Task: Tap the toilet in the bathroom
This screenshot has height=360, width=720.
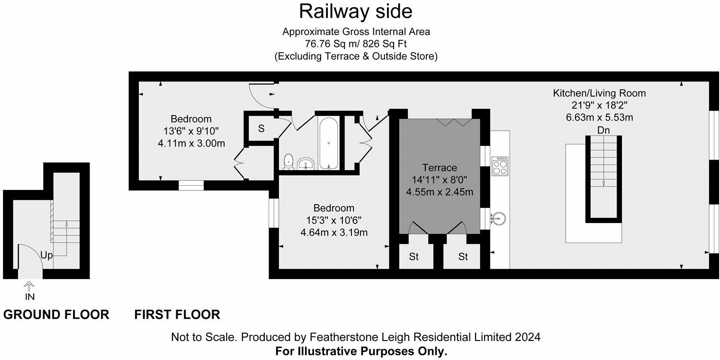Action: tap(288, 162)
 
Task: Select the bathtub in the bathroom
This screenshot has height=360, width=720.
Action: tap(328, 143)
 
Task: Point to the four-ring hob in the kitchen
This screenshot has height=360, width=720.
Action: tap(500, 166)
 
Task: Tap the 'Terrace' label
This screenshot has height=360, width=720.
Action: tap(440, 168)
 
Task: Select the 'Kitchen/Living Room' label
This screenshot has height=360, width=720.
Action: tap(599, 93)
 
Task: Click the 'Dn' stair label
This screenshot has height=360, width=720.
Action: tap(603, 130)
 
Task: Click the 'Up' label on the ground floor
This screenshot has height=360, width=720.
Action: tap(46, 255)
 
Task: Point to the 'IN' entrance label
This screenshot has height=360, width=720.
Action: tap(30, 297)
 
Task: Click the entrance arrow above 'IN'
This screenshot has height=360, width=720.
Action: tap(29, 285)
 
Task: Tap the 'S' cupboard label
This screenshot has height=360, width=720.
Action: tap(261, 128)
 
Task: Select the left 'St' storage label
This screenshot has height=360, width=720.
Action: tap(414, 257)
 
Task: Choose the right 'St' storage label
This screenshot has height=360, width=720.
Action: tap(463, 257)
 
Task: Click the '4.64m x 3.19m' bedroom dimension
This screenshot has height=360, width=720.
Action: tap(334, 233)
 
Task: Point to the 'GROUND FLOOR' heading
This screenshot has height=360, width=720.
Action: tap(56, 315)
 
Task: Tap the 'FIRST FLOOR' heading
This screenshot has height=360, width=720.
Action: tap(177, 315)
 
